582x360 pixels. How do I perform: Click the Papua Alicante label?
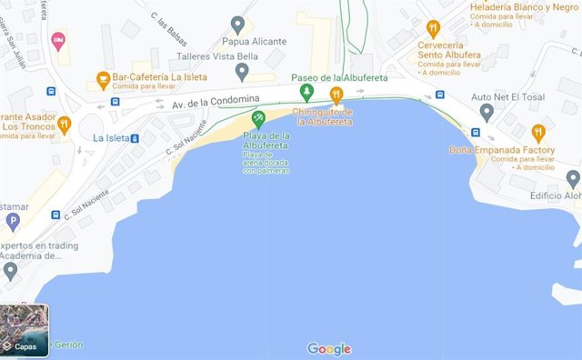[x=255, y=42]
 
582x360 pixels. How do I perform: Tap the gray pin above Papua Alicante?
[x=238, y=25]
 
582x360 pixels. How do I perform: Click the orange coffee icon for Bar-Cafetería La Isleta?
[x=103, y=79]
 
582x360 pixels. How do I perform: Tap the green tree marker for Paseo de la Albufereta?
[x=307, y=93]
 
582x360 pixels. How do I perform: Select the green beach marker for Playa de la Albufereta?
[x=258, y=118]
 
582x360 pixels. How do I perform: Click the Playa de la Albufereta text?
[x=266, y=141]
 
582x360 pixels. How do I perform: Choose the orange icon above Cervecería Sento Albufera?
[x=433, y=27]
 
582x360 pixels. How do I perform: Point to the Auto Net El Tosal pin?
[x=487, y=113]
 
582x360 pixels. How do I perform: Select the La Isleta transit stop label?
[x=110, y=138]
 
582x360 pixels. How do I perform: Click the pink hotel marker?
[x=58, y=40]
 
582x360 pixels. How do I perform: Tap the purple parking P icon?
[x=12, y=221]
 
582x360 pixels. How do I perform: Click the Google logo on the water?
[x=328, y=349]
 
